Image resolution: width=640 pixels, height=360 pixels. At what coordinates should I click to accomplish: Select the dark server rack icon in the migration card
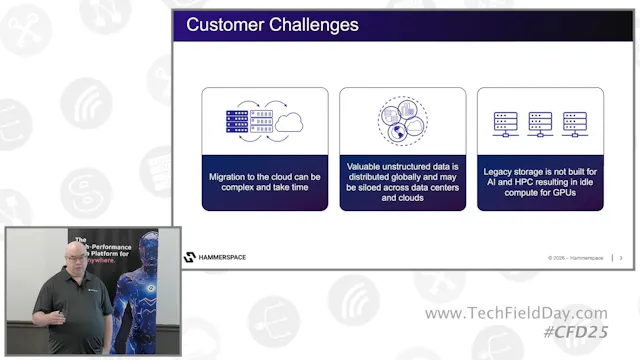tap(238, 121)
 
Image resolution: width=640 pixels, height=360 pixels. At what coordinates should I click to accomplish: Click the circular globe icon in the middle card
tap(402, 121)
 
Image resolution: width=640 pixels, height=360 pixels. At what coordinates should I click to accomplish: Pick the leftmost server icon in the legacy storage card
tap(504, 123)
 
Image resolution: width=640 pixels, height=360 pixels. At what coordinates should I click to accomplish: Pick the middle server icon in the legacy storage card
tap(540, 123)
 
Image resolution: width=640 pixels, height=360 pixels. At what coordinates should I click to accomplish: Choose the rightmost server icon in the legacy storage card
tap(576, 123)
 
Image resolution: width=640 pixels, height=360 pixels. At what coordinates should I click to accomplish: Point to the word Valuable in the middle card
tap(369, 166)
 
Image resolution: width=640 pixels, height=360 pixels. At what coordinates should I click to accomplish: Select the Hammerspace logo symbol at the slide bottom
tap(190, 258)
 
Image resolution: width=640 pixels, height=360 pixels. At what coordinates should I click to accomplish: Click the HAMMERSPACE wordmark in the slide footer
tap(222, 258)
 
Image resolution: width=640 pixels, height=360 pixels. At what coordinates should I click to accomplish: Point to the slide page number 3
tap(620, 258)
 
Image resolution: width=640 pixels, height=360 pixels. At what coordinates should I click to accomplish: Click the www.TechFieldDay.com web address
tap(516, 314)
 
